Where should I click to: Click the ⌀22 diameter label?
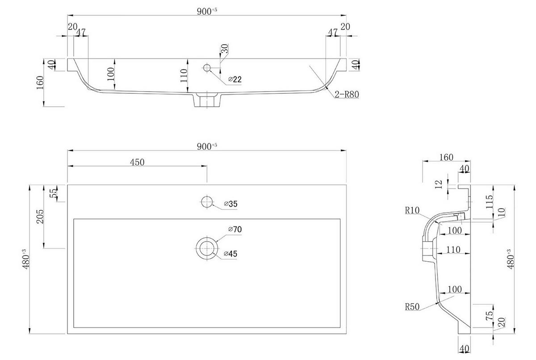click(x=235, y=80)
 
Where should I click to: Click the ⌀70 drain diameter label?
click(x=234, y=230)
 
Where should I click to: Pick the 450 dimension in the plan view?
click(x=137, y=162)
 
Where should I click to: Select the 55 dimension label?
click(x=53, y=193)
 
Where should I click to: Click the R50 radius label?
click(x=412, y=307)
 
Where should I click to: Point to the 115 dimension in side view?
click(x=490, y=203)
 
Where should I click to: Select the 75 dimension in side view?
click(x=490, y=316)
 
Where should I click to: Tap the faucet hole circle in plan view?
click(x=207, y=202)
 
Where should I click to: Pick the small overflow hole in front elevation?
click(x=207, y=68)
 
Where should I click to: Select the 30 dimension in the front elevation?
click(x=225, y=49)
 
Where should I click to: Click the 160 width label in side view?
click(x=446, y=157)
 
